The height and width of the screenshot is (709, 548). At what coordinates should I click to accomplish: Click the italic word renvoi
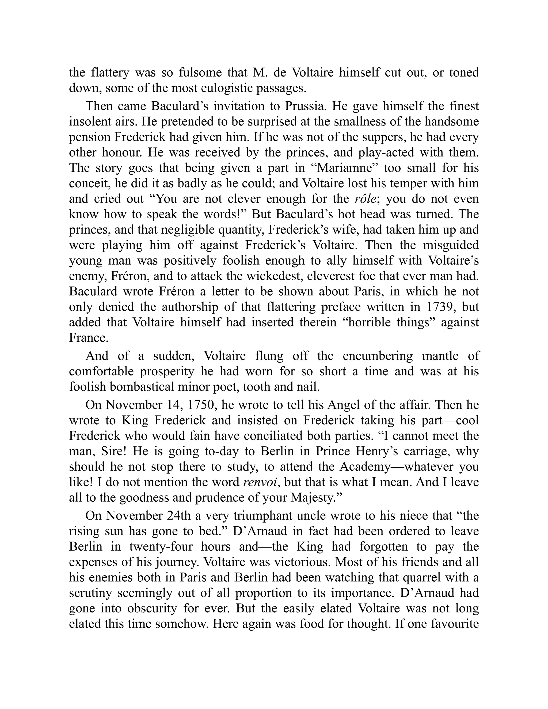pyautogui.click(x=260, y=482)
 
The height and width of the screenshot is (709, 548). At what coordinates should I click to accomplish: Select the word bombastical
pyautogui.click(x=140, y=387)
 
